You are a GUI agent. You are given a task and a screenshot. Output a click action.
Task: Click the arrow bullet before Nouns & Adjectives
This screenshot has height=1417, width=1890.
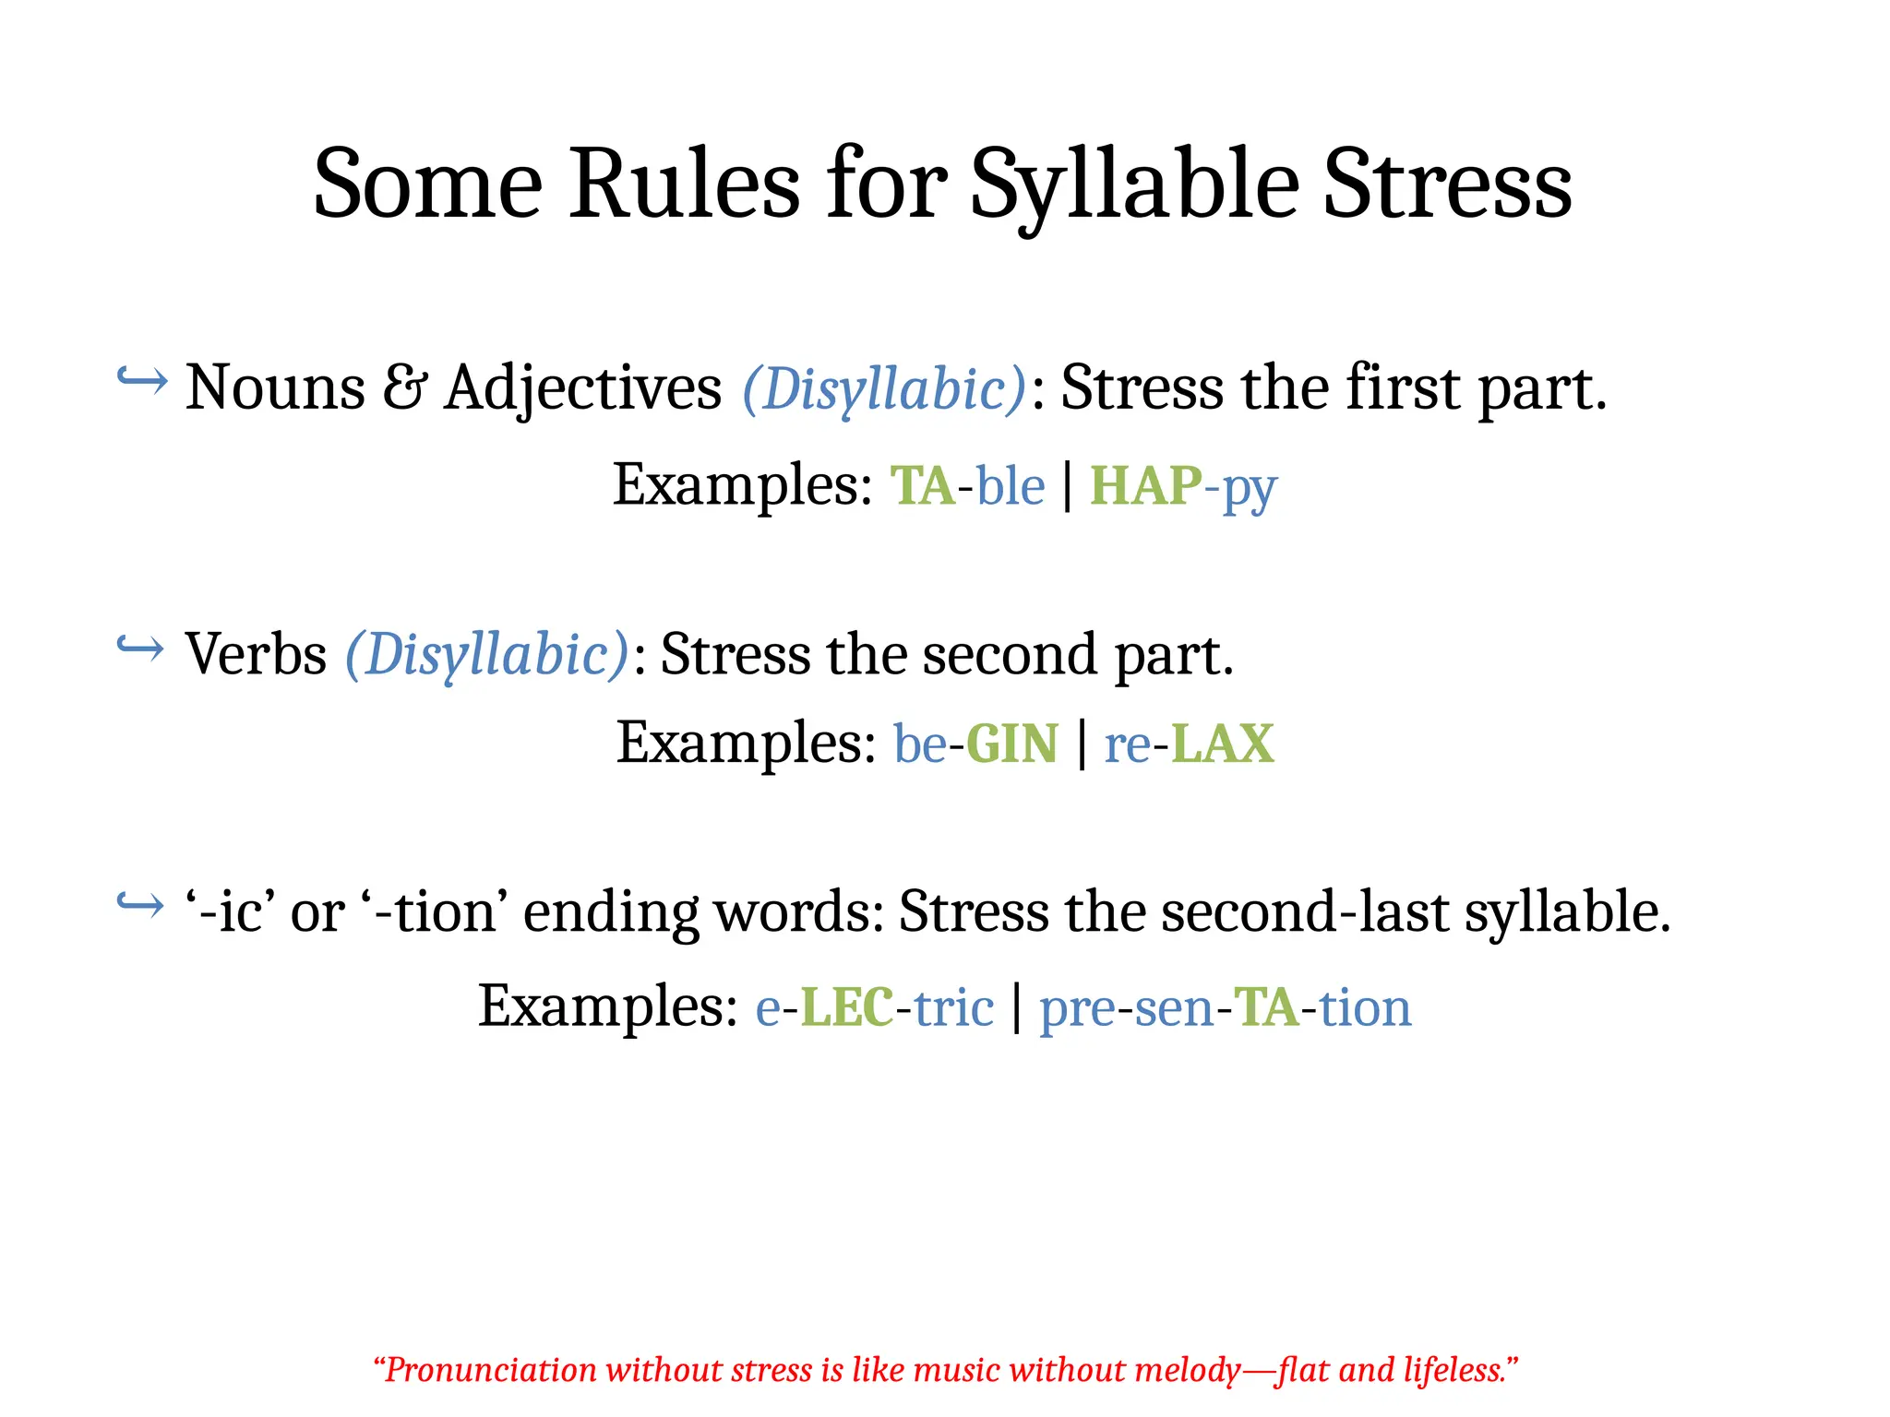pyautogui.click(x=142, y=379)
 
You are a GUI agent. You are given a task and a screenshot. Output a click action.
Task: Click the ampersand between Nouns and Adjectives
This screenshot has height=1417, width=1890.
pyautogui.click(x=404, y=387)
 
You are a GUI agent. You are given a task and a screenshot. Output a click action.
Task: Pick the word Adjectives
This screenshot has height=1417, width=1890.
pyautogui.click(x=582, y=387)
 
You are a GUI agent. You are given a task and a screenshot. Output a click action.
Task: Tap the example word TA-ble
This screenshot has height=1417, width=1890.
pyautogui.click(x=967, y=485)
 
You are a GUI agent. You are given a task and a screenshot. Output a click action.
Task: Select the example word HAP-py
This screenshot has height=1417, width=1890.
pyautogui.click(x=1183, y=487)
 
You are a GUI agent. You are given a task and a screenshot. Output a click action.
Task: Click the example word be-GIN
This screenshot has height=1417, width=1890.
pyautogui.click(x=975, y=744)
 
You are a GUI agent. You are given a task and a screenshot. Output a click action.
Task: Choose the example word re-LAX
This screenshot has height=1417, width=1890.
pyautogui.click(x=1189, y=744)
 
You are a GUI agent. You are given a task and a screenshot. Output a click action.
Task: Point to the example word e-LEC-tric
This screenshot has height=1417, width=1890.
pyautogui.click(x=874, y=1006)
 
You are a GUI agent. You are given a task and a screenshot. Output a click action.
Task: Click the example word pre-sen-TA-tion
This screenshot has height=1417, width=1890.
pyautogui.click(x=1225, y=1007)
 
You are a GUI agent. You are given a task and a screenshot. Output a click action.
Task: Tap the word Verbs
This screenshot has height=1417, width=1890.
pyautogui.click(x=256, y=654)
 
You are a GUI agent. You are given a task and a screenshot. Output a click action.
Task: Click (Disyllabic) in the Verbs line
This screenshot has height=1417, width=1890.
pyautogui.click(x=486, y=654)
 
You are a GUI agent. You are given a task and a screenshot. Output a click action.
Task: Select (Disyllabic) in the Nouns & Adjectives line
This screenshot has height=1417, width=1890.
pyautogui.click(x=884, y=387)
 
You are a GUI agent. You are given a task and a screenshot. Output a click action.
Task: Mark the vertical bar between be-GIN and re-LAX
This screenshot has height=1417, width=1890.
pyautogui.click(x=1081, y=744)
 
